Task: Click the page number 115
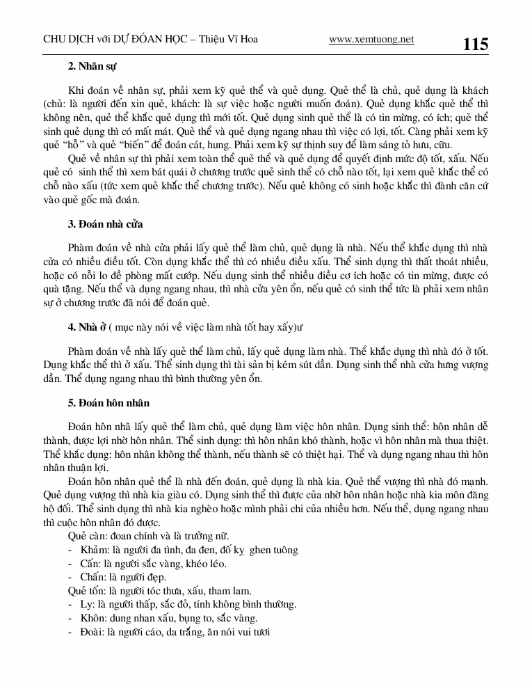click(x=476, y=45)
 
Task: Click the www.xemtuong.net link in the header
click(x=371, y=40)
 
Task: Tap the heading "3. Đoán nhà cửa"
click(x=105, y=224)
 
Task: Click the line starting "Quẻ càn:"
click(x=149, y=536)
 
